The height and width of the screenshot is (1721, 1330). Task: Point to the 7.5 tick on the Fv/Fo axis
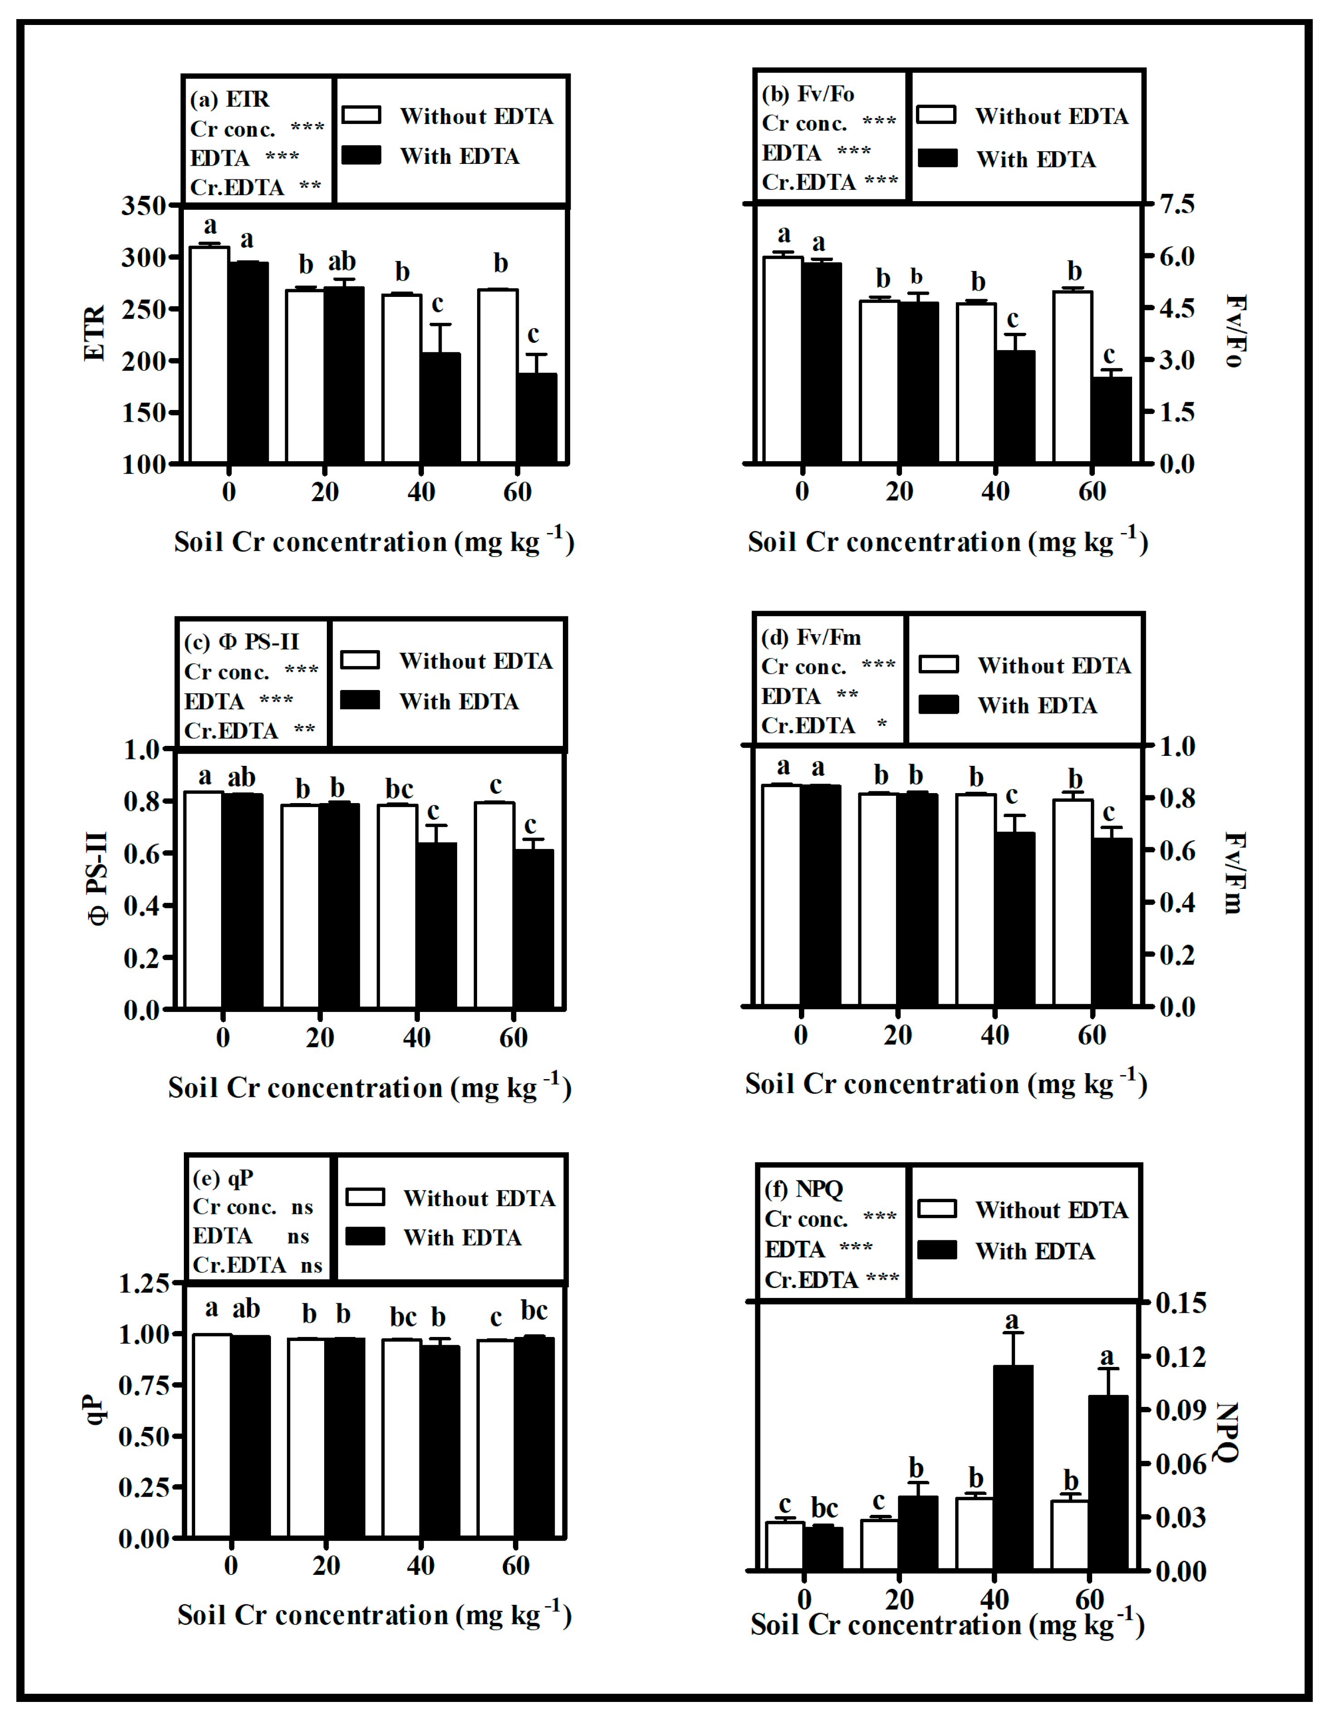(x=1177, y=204)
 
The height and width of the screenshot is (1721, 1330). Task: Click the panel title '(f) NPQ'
(x=803, y=1188)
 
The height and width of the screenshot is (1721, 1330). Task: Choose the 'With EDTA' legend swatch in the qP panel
(x=365, y=1236)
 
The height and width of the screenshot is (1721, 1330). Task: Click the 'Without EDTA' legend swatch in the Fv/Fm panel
(x=938, y=664)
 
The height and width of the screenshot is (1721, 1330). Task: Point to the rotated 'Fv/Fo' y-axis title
(x=1235, y=331)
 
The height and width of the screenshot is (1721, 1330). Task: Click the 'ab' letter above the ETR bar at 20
(x=342, y=261)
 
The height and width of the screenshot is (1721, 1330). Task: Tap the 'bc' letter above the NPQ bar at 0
(x=824, y=1508)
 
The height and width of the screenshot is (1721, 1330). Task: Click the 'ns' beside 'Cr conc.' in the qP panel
(x=302, y=1207)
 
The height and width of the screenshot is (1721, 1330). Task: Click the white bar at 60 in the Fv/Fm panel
(x=1072, y=902)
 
